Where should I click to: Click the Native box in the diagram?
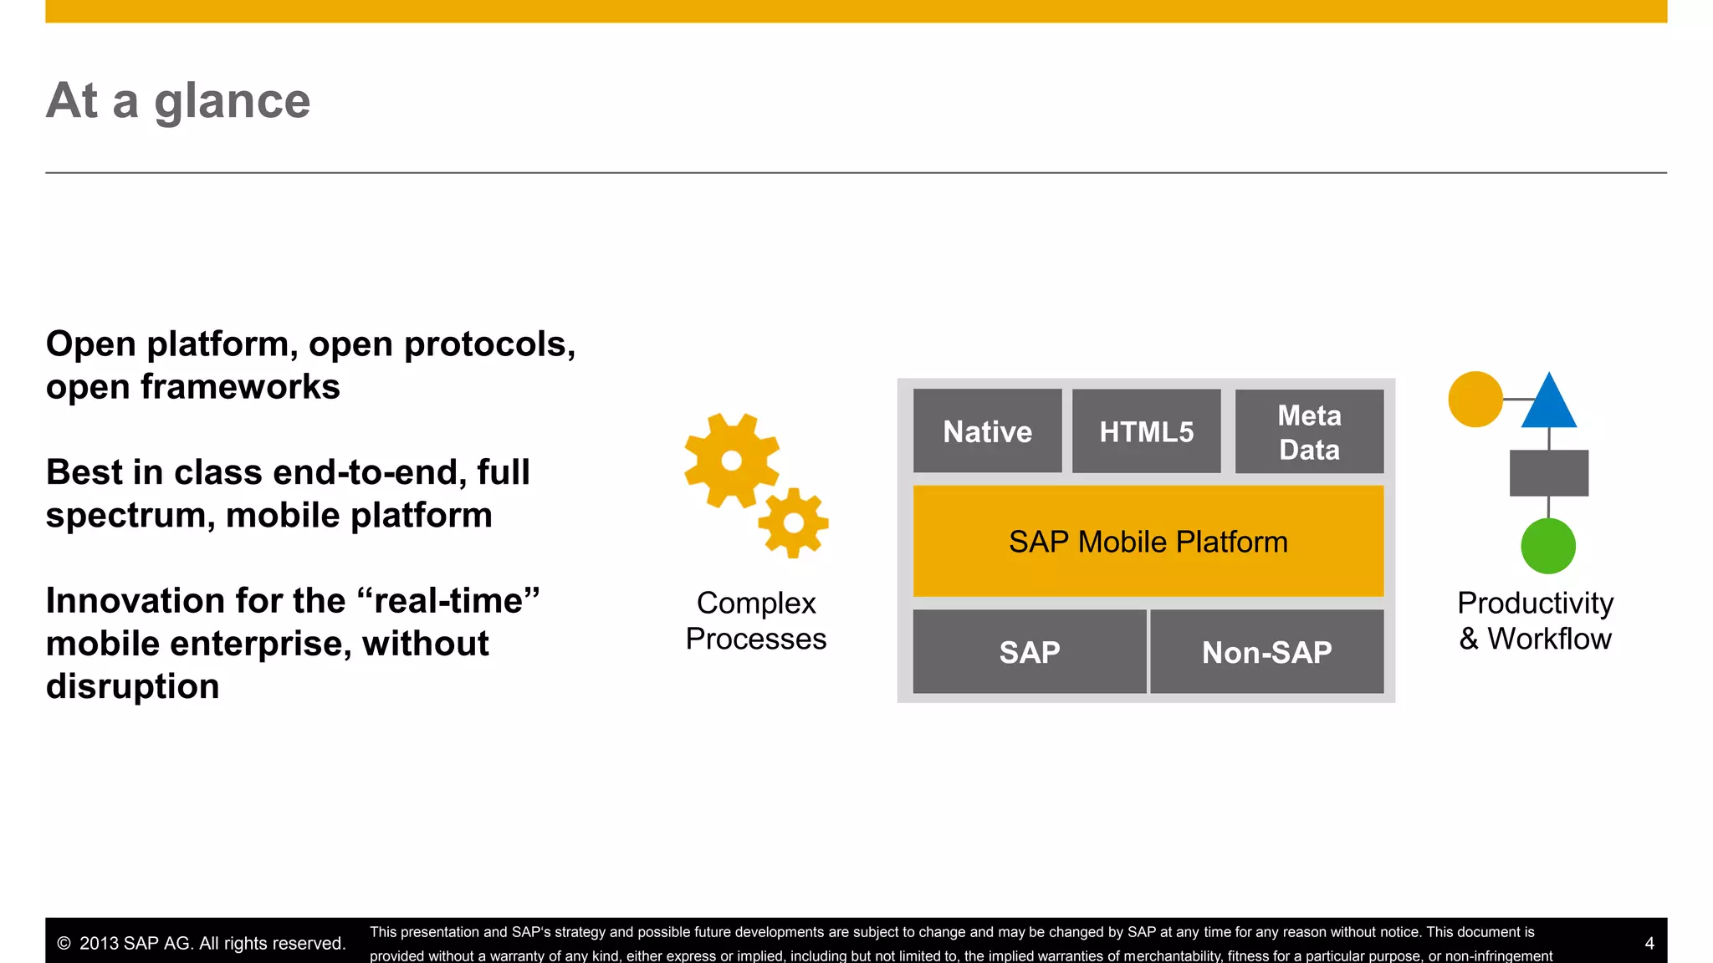pyautogui.click(x=987, y=431)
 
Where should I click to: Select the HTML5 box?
pyautogui.click(x=1146, y=431)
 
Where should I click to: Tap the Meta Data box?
pyautogui.click(x=1309, y=432)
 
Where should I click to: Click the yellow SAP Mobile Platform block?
pyautogui.click(x=1148, y=542)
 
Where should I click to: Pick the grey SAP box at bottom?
pyautogui.click(x=1029, y=652)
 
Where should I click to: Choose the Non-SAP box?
pyautogui.click(x=1266, y=652)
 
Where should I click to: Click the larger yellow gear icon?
pyautogui.click(x=731, y=461)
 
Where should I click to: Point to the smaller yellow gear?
pyautogui.click(x=793, y=523)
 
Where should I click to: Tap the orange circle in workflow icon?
pyautogui.click(x=1475, y=400)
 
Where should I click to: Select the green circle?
pyautogui.click(x=1548, y=546)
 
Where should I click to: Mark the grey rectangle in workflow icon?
pyautogui.click(x=1548, y=473)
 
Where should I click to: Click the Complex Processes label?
pyautogui.click(x=755, y=621)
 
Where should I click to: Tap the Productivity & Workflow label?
pyautogui.click(x=1535, y=621)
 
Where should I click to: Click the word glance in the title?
pyautogui.click(x=232, y=102)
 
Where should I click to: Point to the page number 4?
pyautogui.click(x=1649, y=944)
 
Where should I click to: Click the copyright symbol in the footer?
pyautogui.click(x=64, y=944)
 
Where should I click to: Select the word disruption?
pyautogui.click(x=132, y=686)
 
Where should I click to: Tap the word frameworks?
pyautogui.click(x=240, y=387)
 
